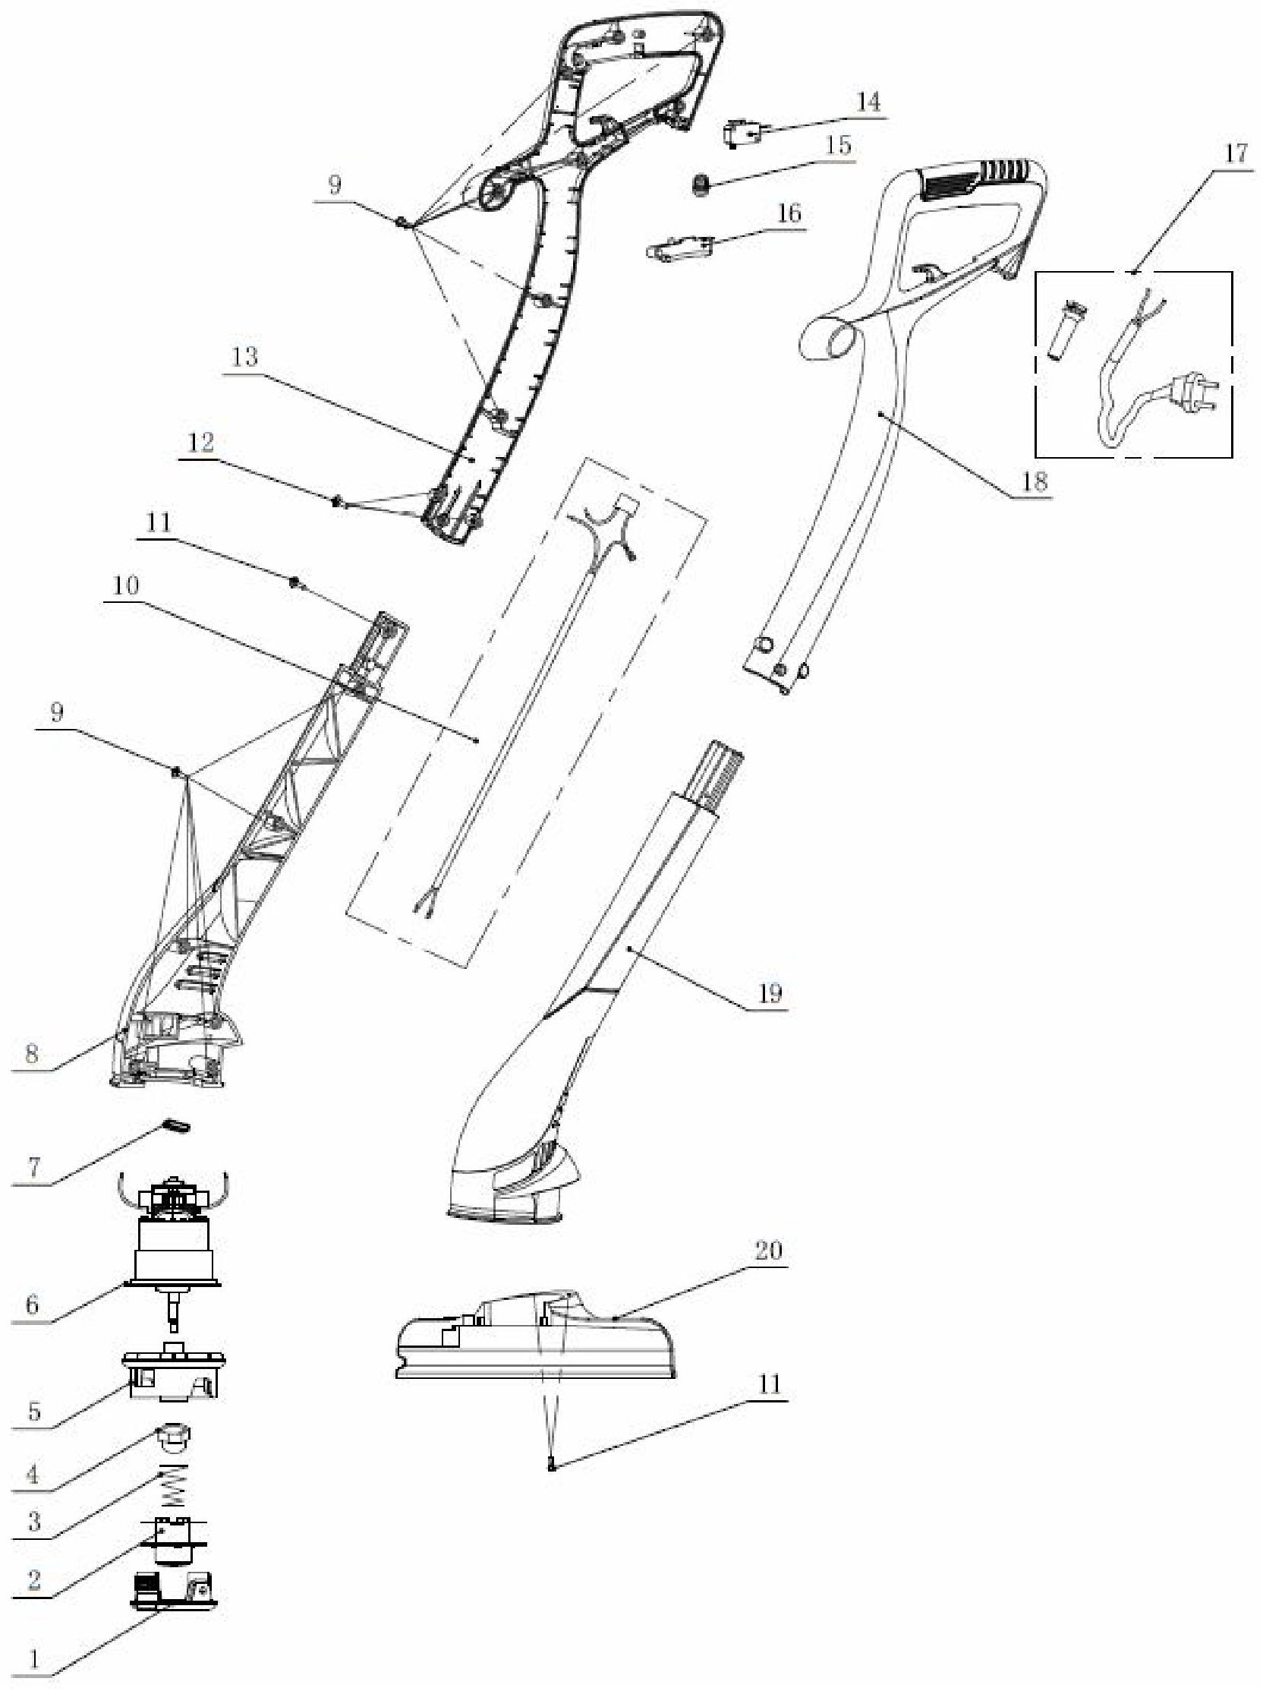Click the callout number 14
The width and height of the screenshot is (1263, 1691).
(868, 102)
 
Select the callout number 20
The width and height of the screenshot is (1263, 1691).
(769, 1251)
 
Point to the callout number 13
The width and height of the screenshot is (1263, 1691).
(245, 357)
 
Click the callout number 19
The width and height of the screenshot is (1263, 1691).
(770, 994)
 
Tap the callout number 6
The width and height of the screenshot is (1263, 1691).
(32, 1305)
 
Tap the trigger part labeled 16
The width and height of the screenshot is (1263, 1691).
(680, 249)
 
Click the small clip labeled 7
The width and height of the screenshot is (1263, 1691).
(176, 1126)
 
